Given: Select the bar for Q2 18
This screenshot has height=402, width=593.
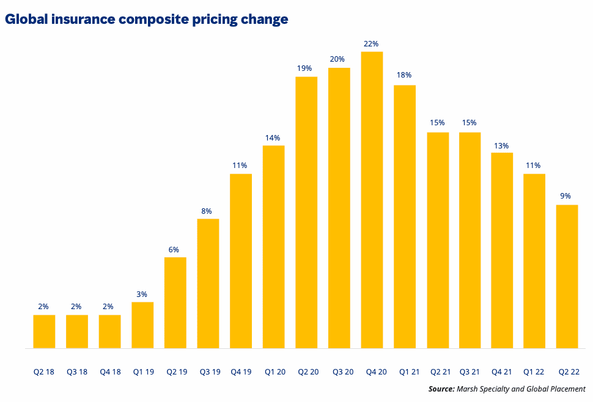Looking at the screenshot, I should pos(44,332).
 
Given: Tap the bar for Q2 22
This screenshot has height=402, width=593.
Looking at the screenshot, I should pos(567,276).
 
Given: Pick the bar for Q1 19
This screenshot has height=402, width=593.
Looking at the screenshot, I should pos(142,325).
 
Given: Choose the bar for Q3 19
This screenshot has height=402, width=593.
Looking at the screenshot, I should pos(208,283).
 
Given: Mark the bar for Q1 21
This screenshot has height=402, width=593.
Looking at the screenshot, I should pos(405,216).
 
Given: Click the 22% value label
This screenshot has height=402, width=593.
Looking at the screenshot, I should pos(372,44).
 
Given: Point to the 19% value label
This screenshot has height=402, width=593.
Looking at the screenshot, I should pos(306,68).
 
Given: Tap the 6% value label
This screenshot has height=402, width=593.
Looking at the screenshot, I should pos(174,249).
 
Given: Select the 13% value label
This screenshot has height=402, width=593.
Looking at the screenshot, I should pos(502,145).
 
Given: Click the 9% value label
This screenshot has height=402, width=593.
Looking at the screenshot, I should pos(565,196).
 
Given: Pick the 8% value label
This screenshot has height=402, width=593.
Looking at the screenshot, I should pos(207,211).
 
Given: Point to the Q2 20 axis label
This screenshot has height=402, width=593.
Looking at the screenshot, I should pos(306,371).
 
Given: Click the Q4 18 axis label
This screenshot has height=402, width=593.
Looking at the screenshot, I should pos(109,371).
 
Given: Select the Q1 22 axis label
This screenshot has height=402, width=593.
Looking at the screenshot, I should pos(535,371).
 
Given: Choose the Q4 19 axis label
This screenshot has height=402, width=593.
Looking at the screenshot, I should pos(241,371).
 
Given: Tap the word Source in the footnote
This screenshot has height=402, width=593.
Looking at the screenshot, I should pos(440,389).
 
